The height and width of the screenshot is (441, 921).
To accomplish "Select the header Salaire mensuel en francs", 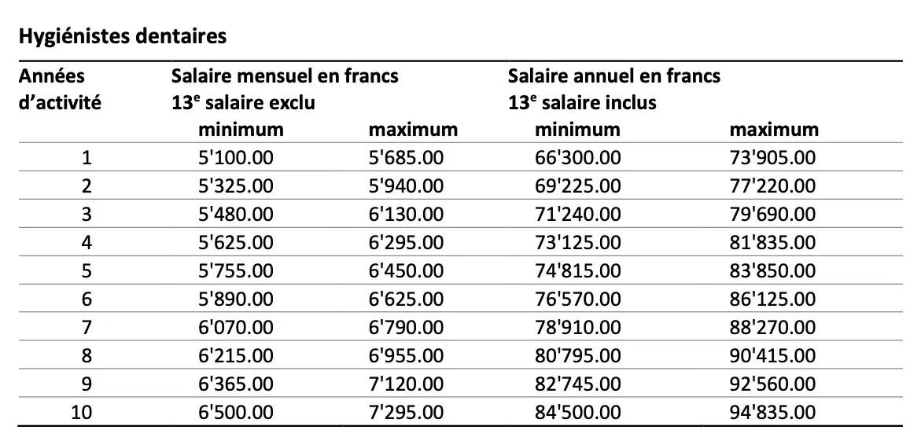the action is click(x=285, y=76).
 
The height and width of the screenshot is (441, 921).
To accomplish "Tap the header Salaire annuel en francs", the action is click(x=613, y=76).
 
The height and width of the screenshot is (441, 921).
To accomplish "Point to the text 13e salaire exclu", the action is click(x=244, y=102).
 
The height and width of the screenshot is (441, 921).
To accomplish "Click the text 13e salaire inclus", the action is click(x=582, y=102).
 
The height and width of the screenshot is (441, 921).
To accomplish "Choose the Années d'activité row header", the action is click(x=60, y=89).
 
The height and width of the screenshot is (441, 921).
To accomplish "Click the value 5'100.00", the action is click(x=236, y=158).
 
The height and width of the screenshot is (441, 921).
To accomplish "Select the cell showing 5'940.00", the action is click(x=406, y=186).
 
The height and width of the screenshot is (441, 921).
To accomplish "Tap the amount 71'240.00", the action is click(x=577, y=215).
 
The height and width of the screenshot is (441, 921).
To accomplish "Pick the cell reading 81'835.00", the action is click(x=772, y=243).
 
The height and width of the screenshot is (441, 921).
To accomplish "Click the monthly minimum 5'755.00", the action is click(x=236, y=271).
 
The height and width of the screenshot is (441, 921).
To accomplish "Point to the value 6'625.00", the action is click(x=406, y=300).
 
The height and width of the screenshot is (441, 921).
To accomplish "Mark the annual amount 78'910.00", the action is click(x=577, y=328).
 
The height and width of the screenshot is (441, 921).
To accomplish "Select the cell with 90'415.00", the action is click(x=772, y=356).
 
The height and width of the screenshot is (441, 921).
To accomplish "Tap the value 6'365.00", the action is click(x=236, y=384).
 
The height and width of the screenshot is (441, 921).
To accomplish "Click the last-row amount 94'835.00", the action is click(x=772, y=413).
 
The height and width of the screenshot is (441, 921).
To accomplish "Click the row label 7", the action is click(x=87, y=328).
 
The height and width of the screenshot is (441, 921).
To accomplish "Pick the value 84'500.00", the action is click(x=577, y=413).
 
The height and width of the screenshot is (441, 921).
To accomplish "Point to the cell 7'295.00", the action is click(x=406, y=413).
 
